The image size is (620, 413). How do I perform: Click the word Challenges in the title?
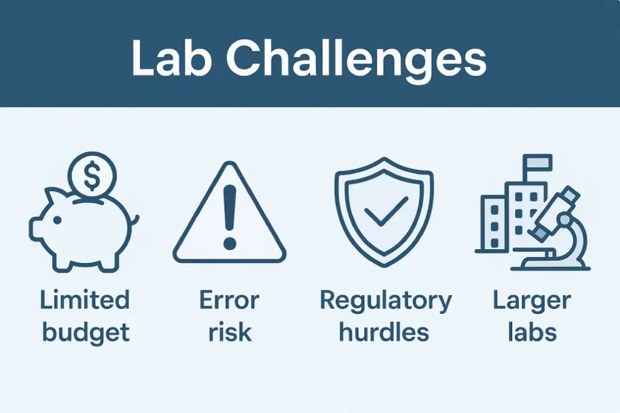357,59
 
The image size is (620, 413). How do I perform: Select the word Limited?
84,300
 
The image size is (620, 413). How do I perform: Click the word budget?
84,331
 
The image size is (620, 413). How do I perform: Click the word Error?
229,300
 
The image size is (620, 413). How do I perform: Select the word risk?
229,331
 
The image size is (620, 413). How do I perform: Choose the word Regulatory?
386,300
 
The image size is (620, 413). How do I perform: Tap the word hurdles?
384,331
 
